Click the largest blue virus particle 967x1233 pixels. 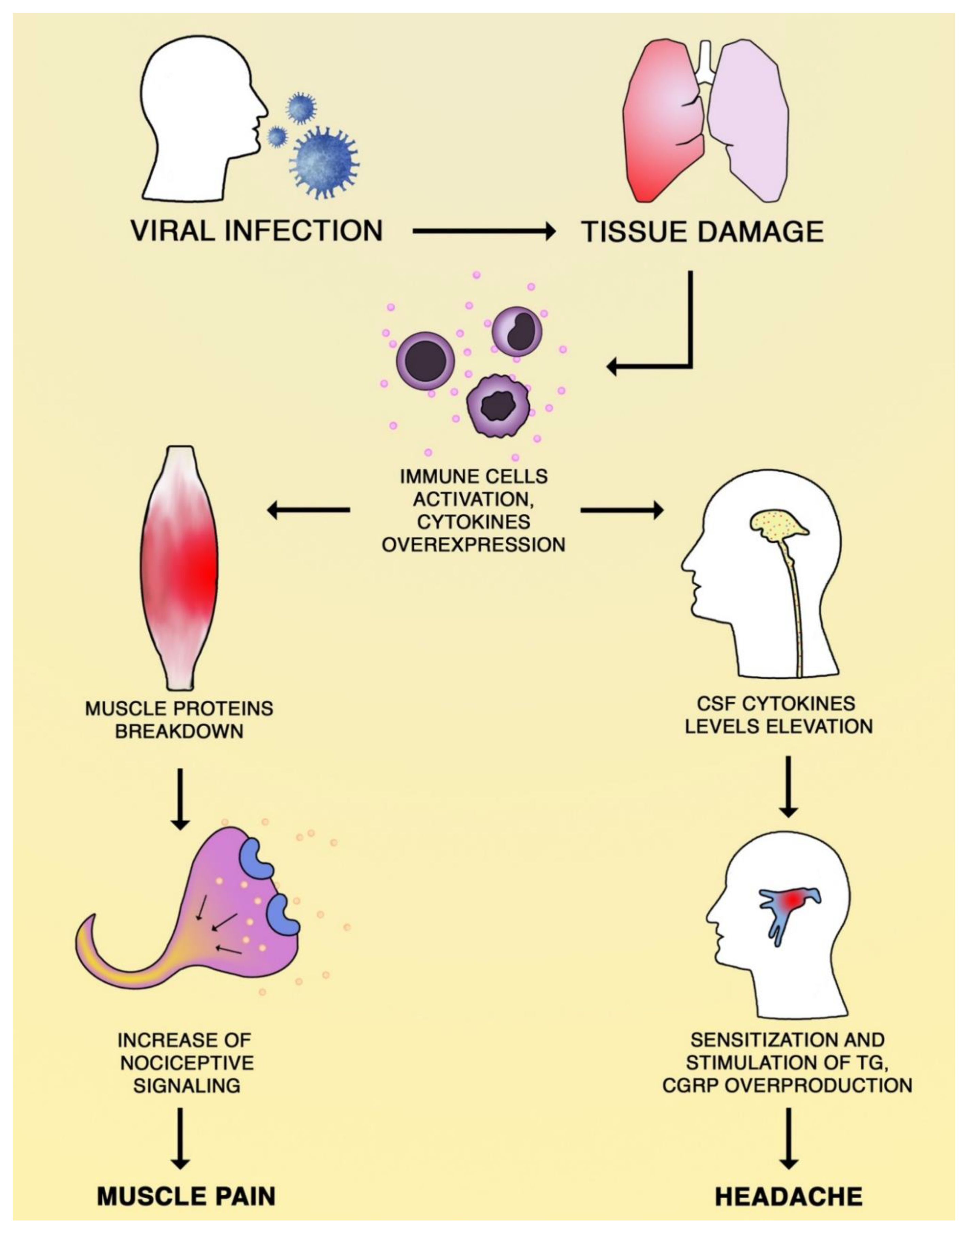324,161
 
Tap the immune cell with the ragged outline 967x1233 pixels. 498,405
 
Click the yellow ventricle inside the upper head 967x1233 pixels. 778,524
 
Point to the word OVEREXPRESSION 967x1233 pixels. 473,545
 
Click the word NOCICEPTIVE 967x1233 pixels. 187,1063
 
